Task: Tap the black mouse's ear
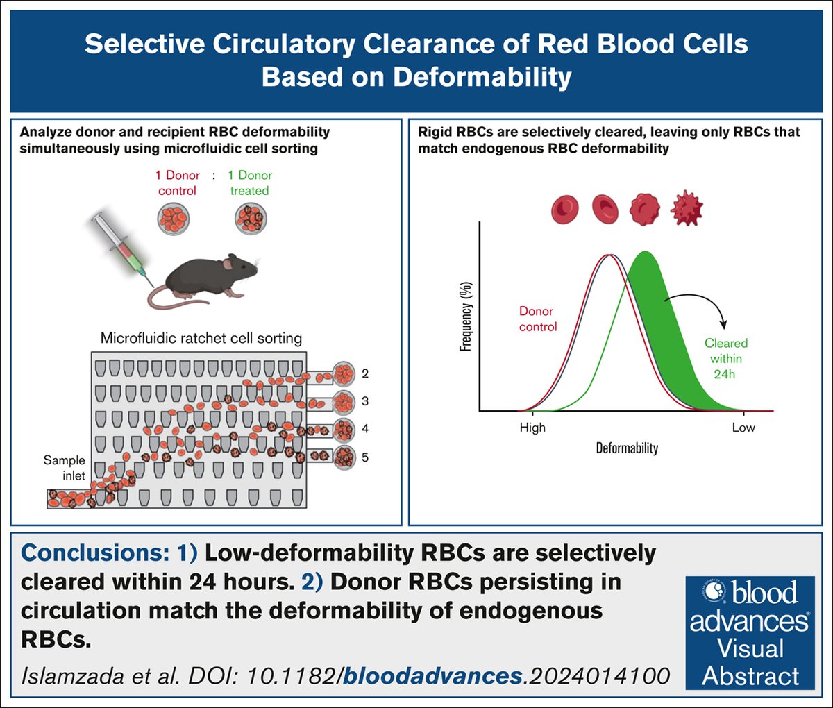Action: [230, 262]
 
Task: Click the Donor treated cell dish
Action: [251, 217]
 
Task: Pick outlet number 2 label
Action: [365, 374]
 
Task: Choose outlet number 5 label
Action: [365, 457]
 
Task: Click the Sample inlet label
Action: [64, 468]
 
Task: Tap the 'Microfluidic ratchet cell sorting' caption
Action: [201, 339]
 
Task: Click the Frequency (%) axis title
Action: [466, 316]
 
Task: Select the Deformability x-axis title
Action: [627, 448]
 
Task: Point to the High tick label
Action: [532, 428]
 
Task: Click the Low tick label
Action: [743, 428]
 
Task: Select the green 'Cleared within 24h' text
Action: [726, 358]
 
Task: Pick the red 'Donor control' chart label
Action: [538, 319]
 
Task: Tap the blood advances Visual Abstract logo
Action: [750, 632]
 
